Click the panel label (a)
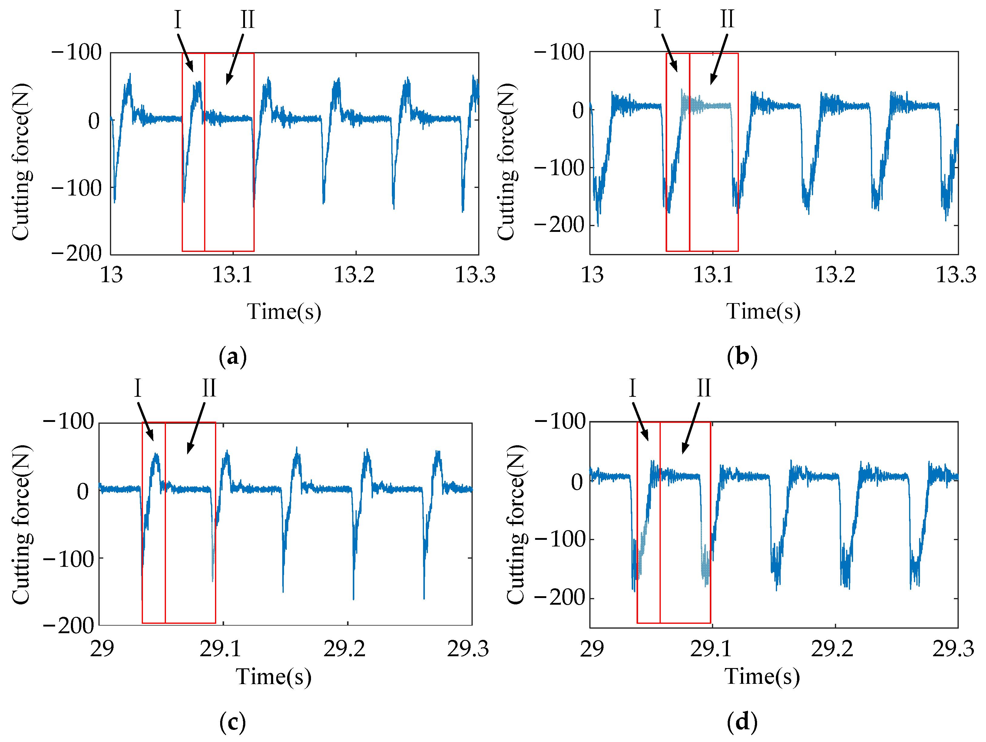point(233,357)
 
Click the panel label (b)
point(742,357)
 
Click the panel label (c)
point(233,722)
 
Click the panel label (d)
point(742,722)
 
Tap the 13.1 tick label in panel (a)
point(232,274)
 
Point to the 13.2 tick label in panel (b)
point(835,274)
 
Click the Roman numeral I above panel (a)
point(178,20)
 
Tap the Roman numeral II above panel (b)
point(727,19)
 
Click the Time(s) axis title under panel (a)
point(284,311)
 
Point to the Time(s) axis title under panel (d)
point(762,677)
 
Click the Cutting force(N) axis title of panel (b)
point(507,162)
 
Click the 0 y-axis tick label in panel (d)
point(577,482)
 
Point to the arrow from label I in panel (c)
point(145,422)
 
